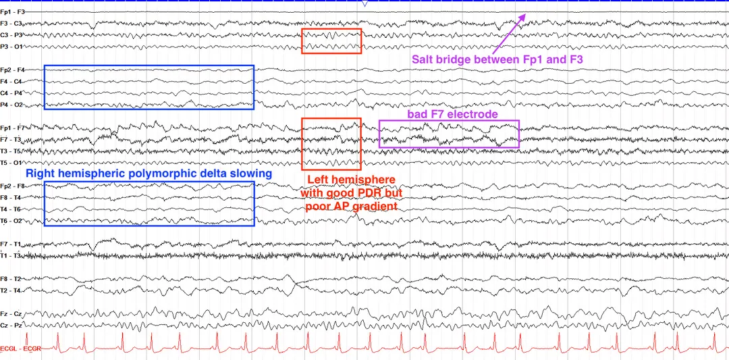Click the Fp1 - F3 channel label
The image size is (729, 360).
[x=13, y=11]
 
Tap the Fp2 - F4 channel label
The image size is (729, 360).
[x=13, y=70]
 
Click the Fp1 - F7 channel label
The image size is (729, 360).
[x=13, y=128]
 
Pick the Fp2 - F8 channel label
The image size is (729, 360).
[x=13, y=186]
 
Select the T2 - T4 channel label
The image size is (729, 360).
[x=11, y=290]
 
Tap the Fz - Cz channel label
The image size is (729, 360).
[x=11, y=314]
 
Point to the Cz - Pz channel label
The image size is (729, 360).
[x=11, y=326]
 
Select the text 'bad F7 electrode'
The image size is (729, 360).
[x=453, y=114]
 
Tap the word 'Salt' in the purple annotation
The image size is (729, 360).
[x=423, y=59]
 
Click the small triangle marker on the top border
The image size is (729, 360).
[x=364, y=4]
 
